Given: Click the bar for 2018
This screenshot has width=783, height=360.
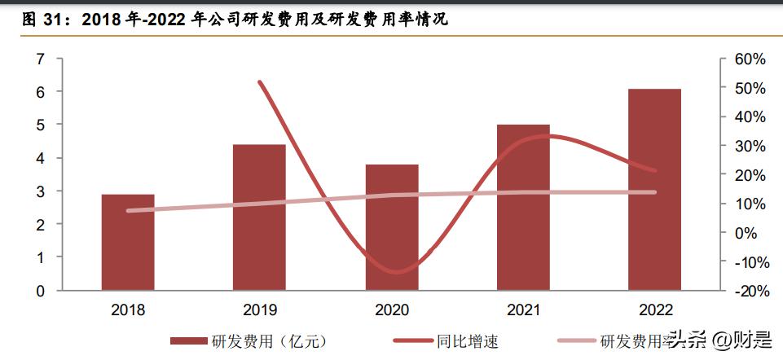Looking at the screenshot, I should (128, 242).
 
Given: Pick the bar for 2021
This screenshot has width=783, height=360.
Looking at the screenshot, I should (523, 207).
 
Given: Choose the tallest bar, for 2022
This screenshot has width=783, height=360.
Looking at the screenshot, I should (654, 189).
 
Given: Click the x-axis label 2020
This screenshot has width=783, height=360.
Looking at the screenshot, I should (392, 310).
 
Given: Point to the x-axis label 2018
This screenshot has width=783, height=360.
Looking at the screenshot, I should (128, 310).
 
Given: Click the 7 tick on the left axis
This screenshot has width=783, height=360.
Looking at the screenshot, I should (39, 59).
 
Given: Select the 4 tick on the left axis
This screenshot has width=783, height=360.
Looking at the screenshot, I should (39, 158).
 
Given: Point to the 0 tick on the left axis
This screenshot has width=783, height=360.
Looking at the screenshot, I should (39, 291).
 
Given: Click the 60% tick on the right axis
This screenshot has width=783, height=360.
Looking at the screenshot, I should (750, 59).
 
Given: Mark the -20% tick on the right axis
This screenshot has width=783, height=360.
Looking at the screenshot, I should (750, 291).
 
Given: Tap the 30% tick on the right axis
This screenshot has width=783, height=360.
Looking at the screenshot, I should (750, 146).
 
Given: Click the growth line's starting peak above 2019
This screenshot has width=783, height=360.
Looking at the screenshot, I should (259, 82).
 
